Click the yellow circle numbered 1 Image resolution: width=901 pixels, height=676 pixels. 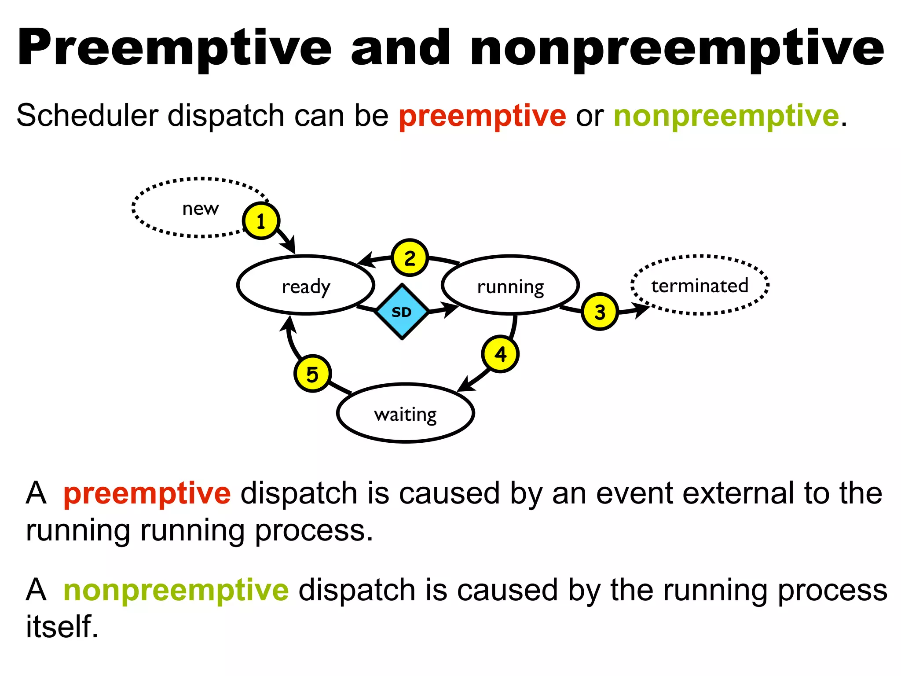[x=261, y=221]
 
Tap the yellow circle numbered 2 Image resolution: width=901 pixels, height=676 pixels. [x=410, y=258]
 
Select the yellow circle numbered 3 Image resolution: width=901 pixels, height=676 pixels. [x=600, y=312]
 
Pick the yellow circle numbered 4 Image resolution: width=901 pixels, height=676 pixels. [x=500, y=354]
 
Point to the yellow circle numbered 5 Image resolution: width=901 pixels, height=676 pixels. [x=312, y=374]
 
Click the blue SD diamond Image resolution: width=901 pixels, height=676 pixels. [x=402, y=312]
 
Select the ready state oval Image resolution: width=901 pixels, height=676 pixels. [x=306, y=285]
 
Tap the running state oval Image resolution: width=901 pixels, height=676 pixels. [x=510, y=285]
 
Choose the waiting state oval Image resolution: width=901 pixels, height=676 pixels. [x=405, y=413]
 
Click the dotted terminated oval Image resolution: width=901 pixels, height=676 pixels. [x=700, y=285]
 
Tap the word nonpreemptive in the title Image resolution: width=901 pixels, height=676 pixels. [x=677, y=48]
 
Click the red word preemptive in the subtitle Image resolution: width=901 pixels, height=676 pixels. [x=482, y=116]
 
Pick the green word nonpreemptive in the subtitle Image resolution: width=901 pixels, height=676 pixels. [x=726, y=116]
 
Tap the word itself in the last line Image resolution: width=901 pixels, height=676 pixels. [x=62, y=626]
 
